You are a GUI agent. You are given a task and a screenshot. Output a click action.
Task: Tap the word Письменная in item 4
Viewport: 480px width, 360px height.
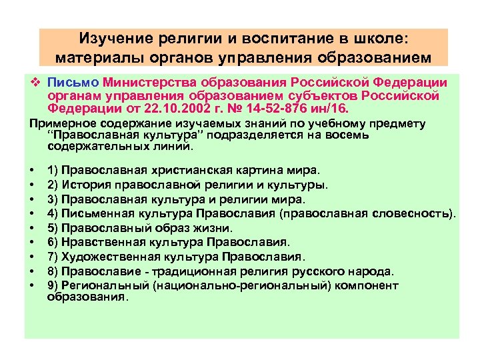(99, 213)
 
